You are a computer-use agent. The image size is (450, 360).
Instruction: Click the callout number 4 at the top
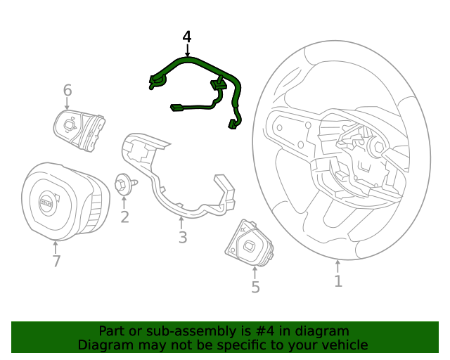187,37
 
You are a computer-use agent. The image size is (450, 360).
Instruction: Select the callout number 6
67,90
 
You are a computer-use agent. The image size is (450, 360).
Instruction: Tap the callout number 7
56,262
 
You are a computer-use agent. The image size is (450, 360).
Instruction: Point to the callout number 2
124,217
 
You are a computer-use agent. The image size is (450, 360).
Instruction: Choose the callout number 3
182,238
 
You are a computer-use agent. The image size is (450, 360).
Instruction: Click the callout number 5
255,287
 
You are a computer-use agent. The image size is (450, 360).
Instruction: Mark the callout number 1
338,281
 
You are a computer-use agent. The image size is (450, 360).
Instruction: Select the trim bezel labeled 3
176,190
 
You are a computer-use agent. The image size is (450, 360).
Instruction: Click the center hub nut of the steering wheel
375,147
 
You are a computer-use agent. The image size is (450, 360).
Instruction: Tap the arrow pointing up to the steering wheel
338,266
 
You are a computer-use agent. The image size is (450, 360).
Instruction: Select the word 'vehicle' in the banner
344,345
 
